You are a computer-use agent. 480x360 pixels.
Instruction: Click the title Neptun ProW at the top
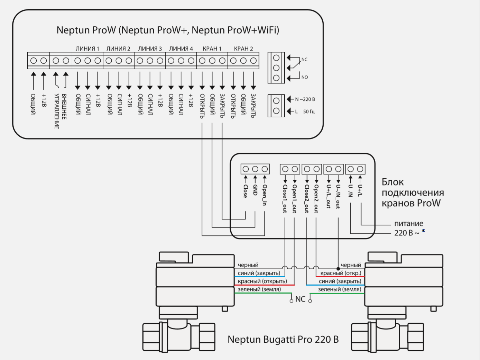168,30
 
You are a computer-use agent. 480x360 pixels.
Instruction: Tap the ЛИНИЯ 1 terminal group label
87,49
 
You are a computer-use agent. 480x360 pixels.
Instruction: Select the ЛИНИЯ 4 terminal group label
181,49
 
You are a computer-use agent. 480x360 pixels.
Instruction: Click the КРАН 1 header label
212,49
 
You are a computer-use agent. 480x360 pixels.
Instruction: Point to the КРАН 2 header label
243,49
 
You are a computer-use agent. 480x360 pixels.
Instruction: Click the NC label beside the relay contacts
304,60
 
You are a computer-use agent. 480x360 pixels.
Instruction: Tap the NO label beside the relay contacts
304,77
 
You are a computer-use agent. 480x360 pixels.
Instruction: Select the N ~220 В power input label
305,99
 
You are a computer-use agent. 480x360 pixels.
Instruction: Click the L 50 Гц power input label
305,111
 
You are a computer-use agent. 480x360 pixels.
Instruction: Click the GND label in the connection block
255,190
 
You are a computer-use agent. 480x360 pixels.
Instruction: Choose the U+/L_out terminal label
329,196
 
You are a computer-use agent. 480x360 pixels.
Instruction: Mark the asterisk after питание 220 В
423,231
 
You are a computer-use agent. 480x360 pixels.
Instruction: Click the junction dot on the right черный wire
338,269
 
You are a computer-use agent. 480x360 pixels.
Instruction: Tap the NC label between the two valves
300,299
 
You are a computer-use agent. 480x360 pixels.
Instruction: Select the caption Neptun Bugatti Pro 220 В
283,340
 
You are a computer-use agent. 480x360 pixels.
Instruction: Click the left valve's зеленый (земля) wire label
259,289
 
